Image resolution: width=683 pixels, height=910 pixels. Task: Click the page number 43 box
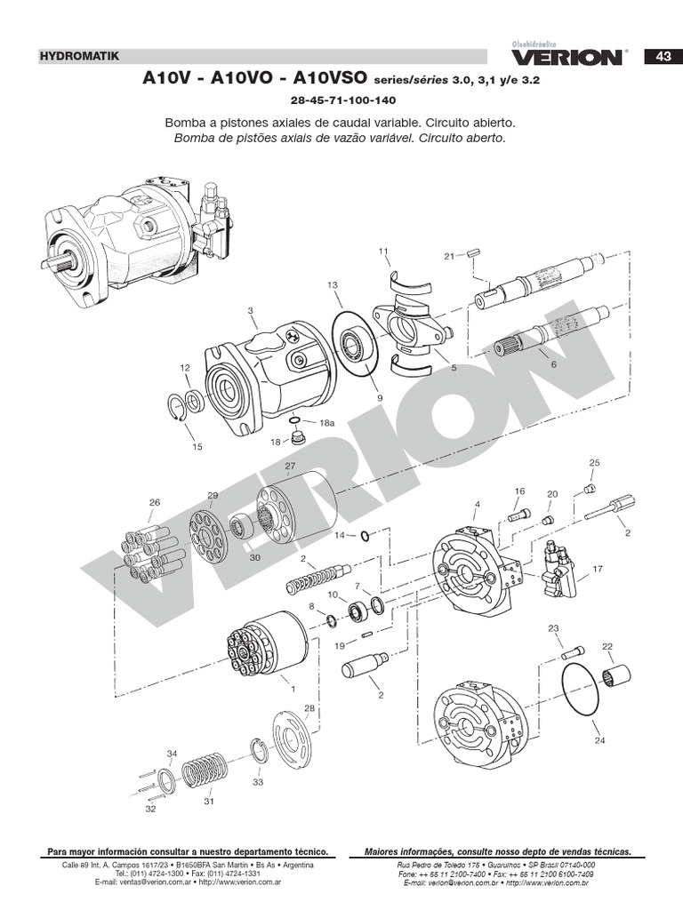[663, 56]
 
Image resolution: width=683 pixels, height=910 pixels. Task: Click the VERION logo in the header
[566, 56]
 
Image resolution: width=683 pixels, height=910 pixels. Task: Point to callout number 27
[290, 466]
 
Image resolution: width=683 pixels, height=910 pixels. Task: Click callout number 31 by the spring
[209, 801]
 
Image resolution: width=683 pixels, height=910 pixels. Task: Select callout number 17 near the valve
[598, 569]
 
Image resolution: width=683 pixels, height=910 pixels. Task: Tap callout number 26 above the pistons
[155, 503]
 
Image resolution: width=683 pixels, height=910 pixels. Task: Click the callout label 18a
[327, 424]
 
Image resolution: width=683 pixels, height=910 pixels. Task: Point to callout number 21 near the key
[449, 256]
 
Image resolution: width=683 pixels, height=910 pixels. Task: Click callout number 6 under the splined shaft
[553, 364]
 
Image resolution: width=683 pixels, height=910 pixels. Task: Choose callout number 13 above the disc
[333, 284]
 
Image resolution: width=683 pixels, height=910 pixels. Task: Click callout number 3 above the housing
[251, 310]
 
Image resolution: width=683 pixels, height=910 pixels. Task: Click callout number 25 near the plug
[595, 462]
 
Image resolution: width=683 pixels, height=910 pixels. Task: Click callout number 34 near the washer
[172, 754]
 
